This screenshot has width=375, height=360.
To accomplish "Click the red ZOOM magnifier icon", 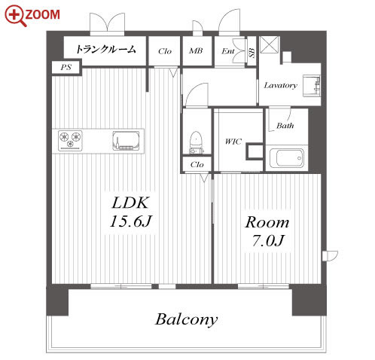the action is (15, 16).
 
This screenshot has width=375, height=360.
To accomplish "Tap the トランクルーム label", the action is (105, 49).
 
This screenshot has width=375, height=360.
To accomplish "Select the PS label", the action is (66, 67).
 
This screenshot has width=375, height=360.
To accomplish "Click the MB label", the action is (196, 51).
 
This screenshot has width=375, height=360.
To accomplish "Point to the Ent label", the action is (228, 51).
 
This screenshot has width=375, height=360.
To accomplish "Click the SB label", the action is (252, 53).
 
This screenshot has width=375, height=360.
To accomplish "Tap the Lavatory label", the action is (280, 85).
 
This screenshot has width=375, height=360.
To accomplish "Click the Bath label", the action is (285, 125).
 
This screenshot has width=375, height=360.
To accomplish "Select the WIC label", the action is (233, 142).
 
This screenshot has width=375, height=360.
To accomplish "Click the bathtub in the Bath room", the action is (286, 157).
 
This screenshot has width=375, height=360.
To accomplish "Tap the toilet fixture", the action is (196, 142).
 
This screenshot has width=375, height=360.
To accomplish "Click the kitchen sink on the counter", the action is (126, 141).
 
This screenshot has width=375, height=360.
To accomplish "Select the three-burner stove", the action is (70, 141).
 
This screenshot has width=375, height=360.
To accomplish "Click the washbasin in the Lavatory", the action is (312, 86).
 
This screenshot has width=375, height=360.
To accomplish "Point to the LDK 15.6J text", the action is (130, 212).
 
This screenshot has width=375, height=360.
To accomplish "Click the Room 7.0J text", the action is (267, 231).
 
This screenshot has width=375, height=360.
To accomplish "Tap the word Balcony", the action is (186, 319).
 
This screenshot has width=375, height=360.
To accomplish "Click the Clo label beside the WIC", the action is (197, 165).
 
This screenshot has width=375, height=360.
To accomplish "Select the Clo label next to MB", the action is (165, 51).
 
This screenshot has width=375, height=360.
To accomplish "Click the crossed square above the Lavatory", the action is (270, 45).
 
